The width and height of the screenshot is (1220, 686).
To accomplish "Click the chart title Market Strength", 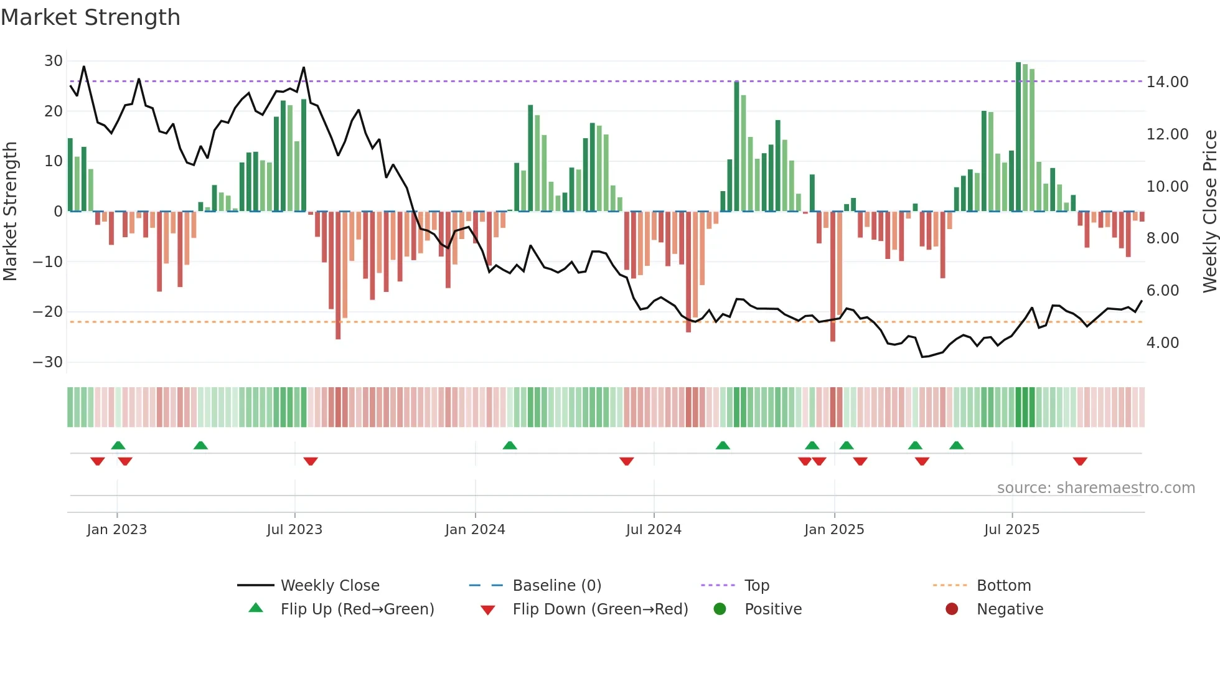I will coord(90,17).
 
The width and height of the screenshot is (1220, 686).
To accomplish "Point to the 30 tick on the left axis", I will coord(54,61).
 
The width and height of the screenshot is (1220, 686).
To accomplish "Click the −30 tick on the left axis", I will coord(49,362).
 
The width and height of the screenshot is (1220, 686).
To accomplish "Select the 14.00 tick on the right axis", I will coord(1167,82).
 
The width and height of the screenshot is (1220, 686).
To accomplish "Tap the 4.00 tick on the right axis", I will coord(1162,343).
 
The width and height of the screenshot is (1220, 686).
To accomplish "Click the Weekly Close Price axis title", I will coord(1209,212).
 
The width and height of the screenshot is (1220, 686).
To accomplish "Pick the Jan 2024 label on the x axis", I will coord(475,530).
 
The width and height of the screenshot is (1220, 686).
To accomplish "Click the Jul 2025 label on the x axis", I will coord(1011,530).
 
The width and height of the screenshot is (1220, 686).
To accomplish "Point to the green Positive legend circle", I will coord(720,609).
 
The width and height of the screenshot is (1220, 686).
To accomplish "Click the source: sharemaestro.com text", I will coord(1096,488).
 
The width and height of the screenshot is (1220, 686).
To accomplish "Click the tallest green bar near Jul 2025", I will coord(1018,137).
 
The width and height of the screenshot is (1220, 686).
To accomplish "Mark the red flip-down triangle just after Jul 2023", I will coord(311,461).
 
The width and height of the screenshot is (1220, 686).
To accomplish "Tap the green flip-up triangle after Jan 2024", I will coord(510,445).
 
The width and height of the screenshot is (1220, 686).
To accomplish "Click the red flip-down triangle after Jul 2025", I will coord(1080,461).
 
